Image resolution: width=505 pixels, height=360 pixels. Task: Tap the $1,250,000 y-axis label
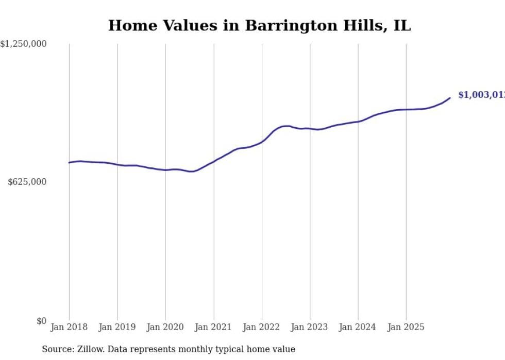pos(24,44)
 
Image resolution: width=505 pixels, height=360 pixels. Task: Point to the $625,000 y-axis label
pos(27,182)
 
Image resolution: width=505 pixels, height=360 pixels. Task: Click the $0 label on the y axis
pos(41,321)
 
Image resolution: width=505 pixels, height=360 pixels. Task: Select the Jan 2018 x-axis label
pos(69,327)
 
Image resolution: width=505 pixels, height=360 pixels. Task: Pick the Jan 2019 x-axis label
pos(117,327)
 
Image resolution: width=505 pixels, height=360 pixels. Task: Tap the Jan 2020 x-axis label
pos(165,327)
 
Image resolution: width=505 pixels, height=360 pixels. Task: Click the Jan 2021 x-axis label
pos(214,327)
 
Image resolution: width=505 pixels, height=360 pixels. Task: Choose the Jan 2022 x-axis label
pos(262,327)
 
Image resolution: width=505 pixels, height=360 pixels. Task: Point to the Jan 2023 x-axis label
pos(310,327)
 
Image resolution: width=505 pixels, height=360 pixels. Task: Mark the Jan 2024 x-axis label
pos(358,327)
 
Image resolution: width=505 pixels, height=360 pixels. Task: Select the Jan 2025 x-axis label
pos(406,327)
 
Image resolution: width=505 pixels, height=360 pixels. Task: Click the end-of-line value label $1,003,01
pos(481,95)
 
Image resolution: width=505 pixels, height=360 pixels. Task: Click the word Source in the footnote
pos(57,349)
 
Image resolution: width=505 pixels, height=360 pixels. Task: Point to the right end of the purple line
pos(450,98)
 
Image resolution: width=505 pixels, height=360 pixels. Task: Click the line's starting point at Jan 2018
pos(69,163)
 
